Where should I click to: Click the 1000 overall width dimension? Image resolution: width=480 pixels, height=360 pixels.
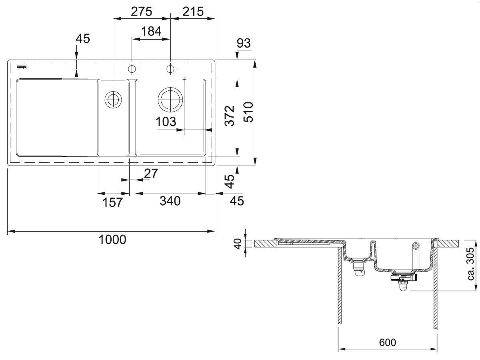pos(112,240)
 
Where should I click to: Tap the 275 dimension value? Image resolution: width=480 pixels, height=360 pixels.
pos(142,12)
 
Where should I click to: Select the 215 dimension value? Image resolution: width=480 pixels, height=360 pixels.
pos(193,12)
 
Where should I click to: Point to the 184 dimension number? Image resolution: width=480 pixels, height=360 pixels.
pos(151,31)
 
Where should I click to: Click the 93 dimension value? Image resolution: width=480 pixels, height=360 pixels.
pos(244,43)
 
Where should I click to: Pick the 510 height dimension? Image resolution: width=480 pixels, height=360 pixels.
pos(248,112)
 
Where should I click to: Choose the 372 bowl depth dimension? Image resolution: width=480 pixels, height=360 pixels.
pos(230,116)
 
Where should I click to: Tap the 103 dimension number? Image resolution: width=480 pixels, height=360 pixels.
pos(166,122)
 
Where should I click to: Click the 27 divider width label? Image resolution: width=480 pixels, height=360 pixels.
pos(151,174)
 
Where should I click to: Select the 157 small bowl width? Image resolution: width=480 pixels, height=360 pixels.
pos(113,202)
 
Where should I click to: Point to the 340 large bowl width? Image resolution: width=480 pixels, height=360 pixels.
pos(170,201)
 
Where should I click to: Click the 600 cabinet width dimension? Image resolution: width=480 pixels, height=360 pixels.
pos(388,343)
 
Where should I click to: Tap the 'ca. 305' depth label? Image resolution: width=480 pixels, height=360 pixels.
pos(471,264)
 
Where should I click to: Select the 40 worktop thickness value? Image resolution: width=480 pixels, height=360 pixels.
pos(238,244)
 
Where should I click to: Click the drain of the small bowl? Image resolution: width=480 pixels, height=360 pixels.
pos(113,100)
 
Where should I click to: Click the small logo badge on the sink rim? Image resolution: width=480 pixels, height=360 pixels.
pos(22,68)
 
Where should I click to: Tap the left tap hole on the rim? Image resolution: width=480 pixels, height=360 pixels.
pos(132,69)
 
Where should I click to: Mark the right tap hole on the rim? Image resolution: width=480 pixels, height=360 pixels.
pos(170,69)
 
